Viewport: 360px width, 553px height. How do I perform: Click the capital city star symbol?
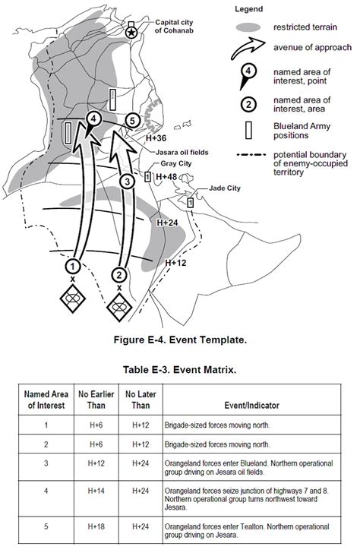pyautogui.click(x=131, y=33)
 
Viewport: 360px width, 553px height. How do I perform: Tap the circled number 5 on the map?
pyautogui.click(x=132, y=121)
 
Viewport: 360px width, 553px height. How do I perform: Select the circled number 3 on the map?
pyautogui.click(x=128, y=182)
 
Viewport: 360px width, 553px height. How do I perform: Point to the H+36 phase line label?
pyautogui.click(x=156, y=138)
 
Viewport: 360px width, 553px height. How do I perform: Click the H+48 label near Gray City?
pyautogui.click(x=166, y=176)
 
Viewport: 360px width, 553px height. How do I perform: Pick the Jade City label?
pyautogui.click(x=225, y=188)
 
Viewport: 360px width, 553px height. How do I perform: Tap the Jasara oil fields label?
pyautogui.click(x=182, y=153)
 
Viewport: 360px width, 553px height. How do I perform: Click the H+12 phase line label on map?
pyautogui.click(x=175, y=263)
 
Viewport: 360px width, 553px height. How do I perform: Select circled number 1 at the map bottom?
pyautogui.click(x=73, y=267)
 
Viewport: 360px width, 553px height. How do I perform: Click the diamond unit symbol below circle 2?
pyautogui.click(x=119, y=306)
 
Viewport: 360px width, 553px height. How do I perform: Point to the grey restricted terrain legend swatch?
pyautogui.click(x=248, y=27)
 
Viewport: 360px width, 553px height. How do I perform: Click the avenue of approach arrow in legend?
pyautogui.click(x=248, y=48)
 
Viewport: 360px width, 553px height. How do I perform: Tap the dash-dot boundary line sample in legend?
pyautogui.click(x=251, y=155)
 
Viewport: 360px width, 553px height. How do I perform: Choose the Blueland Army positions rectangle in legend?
pyautogui.click(x=248, y=131)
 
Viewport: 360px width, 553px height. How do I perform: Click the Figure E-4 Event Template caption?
pyautogui.click(x=180, y=340)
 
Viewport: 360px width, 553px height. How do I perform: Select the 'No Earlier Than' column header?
pyautogui.click(x=96, y=400)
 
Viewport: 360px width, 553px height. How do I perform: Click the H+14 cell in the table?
pyautogui.click(x=96, y=491)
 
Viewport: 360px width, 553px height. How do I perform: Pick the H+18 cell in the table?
pyautogui.click(x=96, y=526)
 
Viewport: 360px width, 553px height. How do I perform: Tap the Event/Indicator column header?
pyautogui.click(x=251, y=405)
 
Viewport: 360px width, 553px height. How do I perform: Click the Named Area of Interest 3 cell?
pyautogui.click(x=46, y=463)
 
